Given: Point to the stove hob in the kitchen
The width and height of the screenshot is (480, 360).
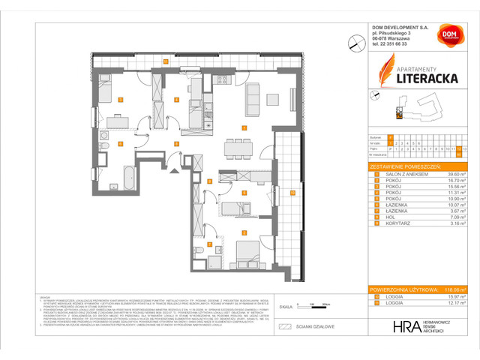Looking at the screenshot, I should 222,81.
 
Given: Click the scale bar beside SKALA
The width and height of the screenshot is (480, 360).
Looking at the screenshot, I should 307,306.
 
